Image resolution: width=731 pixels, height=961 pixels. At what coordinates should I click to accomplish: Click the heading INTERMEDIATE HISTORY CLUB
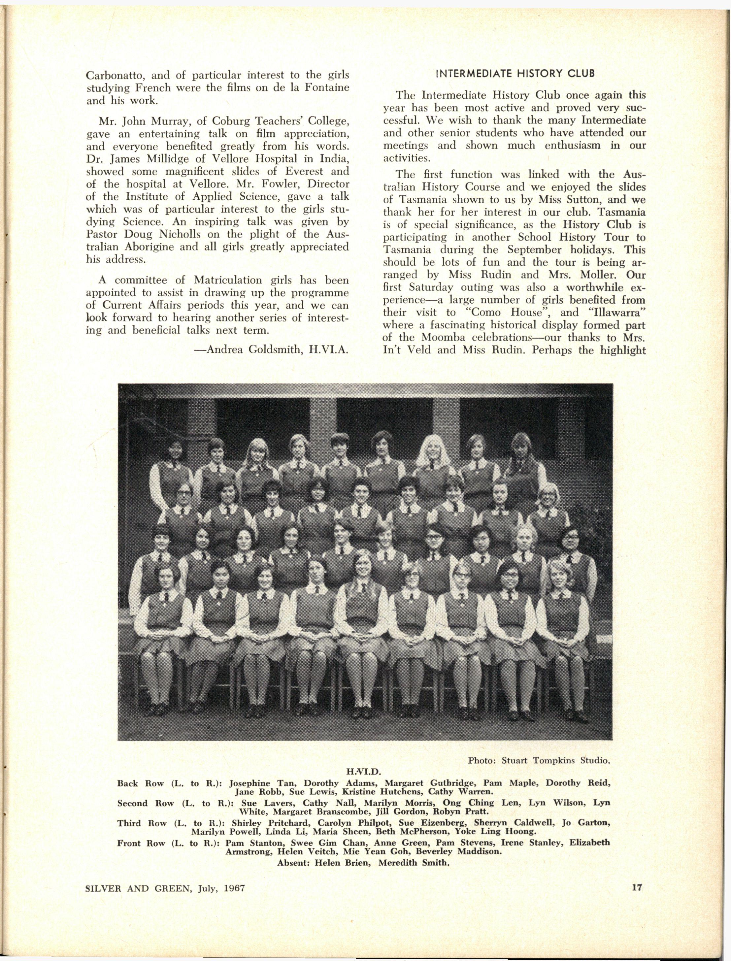click(515, 74)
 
